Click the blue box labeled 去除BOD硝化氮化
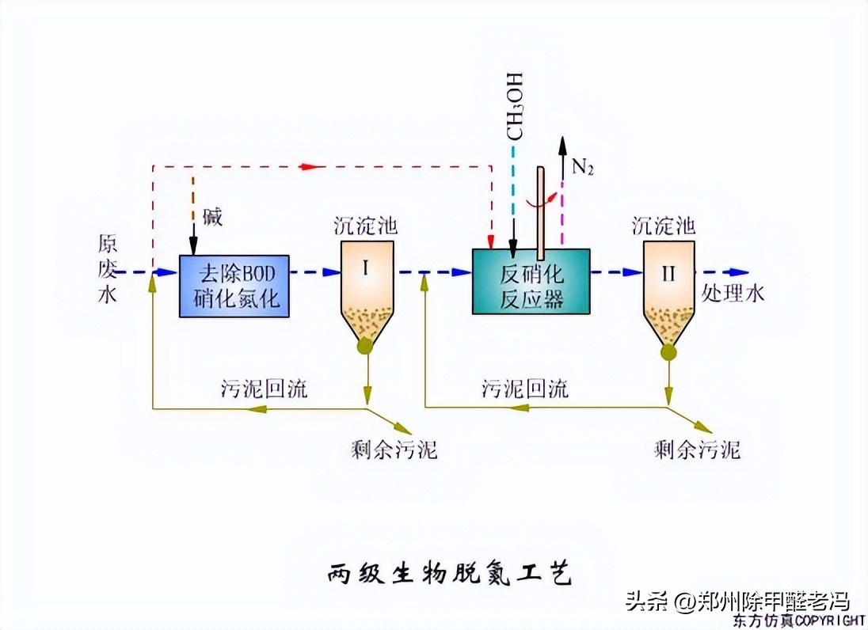[234, 286]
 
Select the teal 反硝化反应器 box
[531, 281]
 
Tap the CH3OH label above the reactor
[516, 106]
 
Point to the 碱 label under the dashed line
[212, 218]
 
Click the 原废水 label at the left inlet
[108, 268]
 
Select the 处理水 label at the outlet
[733, 293]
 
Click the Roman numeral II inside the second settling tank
[668, 274]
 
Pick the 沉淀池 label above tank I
[365, 226]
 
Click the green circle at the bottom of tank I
[365, 346]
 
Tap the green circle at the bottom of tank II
[668, 352]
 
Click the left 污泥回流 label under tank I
[265, 389]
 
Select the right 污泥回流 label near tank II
[524, 389]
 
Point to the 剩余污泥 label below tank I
[394, 450]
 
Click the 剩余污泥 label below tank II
[697, 450]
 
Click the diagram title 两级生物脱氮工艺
[449, 574]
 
